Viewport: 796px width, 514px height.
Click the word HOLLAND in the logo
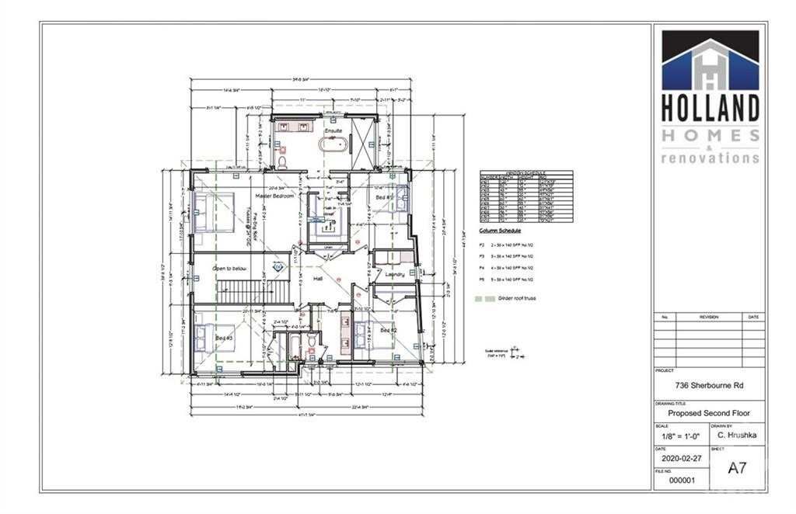[710, 106]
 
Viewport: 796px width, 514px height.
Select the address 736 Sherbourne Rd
[709, 383]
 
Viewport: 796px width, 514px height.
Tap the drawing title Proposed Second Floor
[709, 413]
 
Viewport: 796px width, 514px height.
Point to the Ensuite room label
[333, 130]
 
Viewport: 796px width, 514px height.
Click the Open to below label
[230, 269]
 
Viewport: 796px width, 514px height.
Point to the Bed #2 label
[389, 332]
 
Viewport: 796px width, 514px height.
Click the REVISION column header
[708, 317]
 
